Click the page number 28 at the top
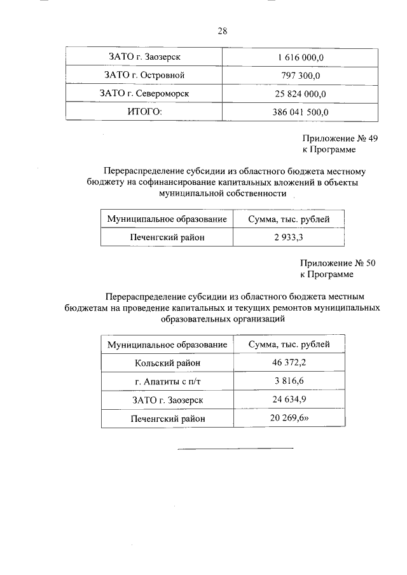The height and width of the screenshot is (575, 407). pos(223,30)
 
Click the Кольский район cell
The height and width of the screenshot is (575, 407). pos(167,363)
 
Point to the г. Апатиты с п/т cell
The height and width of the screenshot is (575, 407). pos(167,381)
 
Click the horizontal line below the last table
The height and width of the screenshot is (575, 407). pos(235,449)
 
